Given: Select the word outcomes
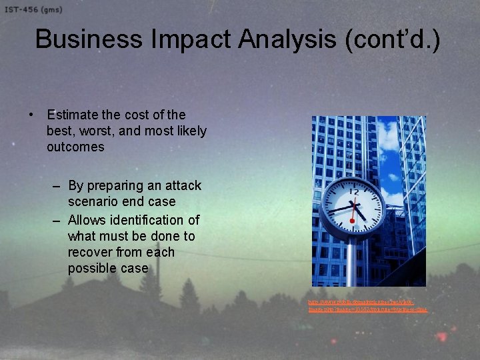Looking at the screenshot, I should tap(75, 147).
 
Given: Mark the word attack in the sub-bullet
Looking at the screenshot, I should tap(183, 185).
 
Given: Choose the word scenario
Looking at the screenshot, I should tap(93, 201).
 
